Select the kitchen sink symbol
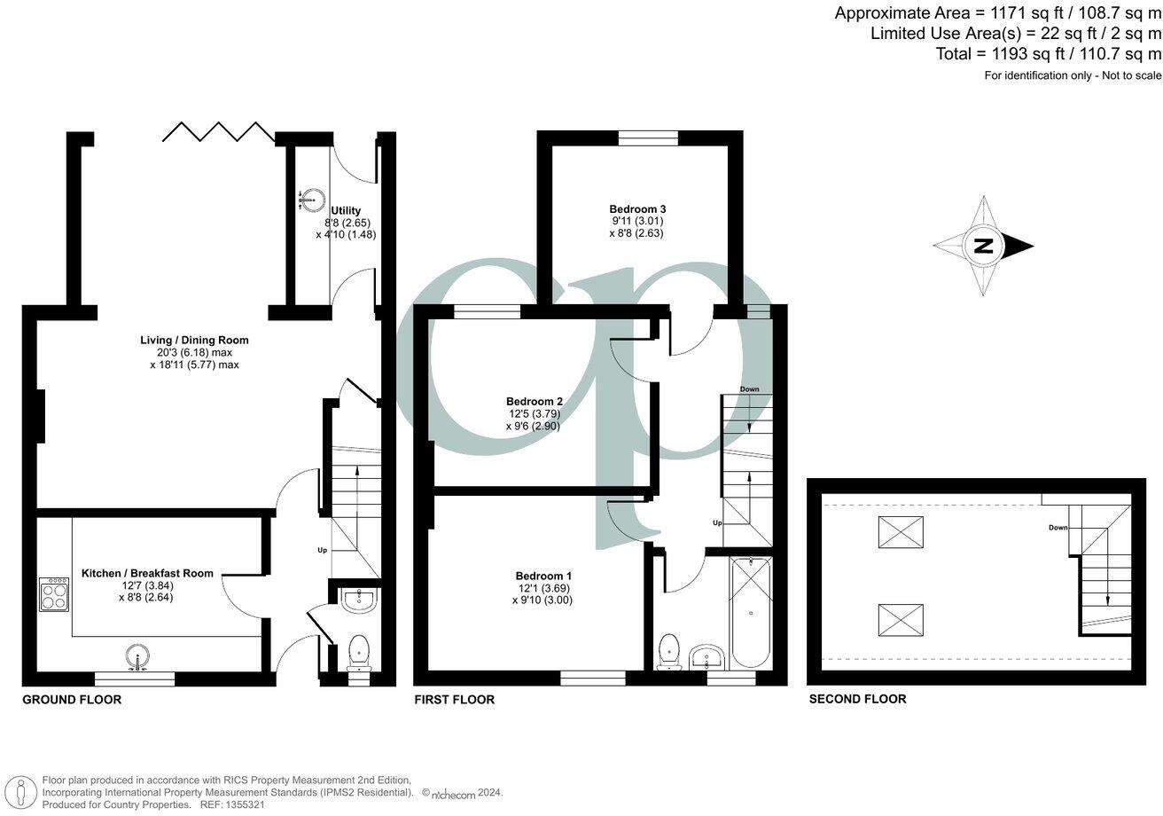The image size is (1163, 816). point(137,658)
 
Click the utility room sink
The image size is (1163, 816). point(308,200)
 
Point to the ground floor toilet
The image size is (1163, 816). point(359,650)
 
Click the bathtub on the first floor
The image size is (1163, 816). point(751,613)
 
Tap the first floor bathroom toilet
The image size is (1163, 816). point(669,650)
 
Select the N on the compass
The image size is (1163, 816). point(983,247)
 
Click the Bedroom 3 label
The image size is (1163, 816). point(637,209)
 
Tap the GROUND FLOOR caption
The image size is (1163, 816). point(72,700)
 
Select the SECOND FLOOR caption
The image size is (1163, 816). point(857,699)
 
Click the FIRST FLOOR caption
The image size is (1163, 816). point(454,700)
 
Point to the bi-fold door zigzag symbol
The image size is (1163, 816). point(218,132)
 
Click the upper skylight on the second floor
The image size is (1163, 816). point(901,532)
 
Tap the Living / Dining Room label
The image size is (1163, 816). point(194,340)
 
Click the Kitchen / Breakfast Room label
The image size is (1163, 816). point(147,573)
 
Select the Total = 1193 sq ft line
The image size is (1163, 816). point(1048,54)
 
